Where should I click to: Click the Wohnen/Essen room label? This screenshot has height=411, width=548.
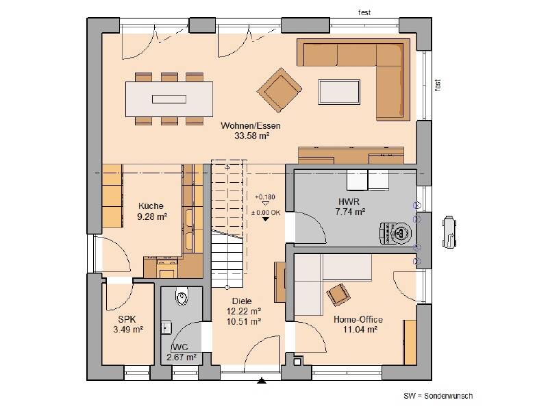click(251, 125)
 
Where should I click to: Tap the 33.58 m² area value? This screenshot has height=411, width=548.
click(251, 136)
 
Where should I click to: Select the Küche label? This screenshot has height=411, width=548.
click(151, 206)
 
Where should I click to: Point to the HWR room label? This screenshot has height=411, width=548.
click(349, 201)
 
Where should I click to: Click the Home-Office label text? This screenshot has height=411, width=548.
click(358, 319)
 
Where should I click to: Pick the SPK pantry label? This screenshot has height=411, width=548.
click(127, 319)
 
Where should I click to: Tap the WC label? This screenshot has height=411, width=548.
click(180, 347)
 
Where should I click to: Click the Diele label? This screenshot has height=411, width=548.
click(242, 301)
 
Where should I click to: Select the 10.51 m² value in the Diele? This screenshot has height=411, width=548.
click(244, 321)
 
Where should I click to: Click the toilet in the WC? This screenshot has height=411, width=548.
click(182, 297)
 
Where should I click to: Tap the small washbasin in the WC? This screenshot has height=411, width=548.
click(166, 327)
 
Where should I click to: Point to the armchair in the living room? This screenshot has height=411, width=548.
click(279, 90)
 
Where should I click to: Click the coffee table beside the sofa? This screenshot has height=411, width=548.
click(339, 92)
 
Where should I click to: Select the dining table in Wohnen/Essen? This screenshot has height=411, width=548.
click(169, 99)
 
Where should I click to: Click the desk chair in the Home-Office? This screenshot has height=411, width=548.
click(338, 295)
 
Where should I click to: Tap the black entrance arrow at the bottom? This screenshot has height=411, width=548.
click(262, 381)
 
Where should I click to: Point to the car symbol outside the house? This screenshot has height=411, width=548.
click(449, 232)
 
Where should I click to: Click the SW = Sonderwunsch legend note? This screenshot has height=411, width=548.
click(438, 396)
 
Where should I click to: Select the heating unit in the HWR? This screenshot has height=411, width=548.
click(397, 232)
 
